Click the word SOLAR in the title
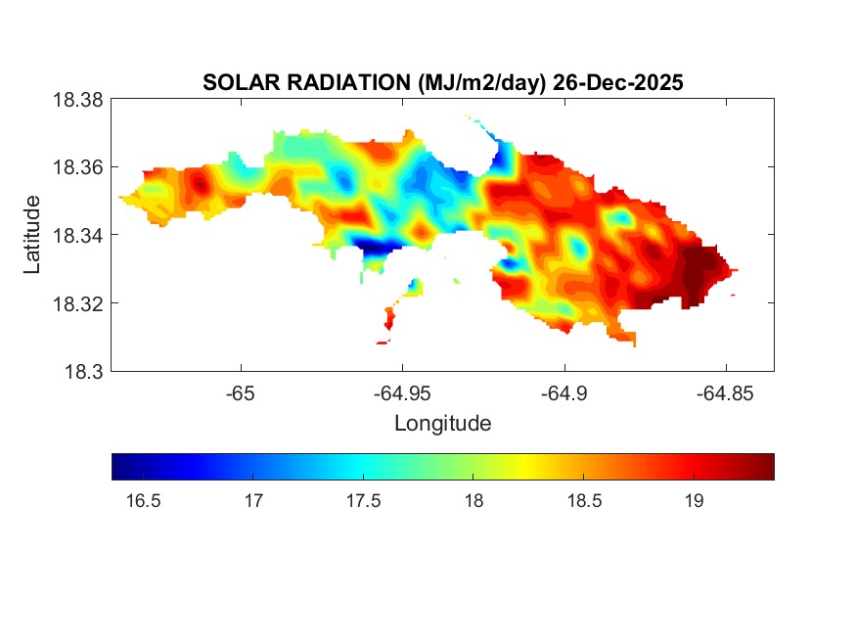[233, 83]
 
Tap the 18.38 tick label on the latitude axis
[77, 100]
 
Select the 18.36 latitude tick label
[77, 167]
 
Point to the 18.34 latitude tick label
[77, 235]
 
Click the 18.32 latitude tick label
[77, 303]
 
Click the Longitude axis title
[442, 424]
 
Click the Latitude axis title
[33, 235]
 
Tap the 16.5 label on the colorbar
[143, 502]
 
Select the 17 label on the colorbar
[253, 502]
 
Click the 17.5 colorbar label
[363, 502]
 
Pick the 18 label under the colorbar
[473, 502]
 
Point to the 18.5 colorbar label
[583, 502]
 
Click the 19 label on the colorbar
[694, 502]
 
